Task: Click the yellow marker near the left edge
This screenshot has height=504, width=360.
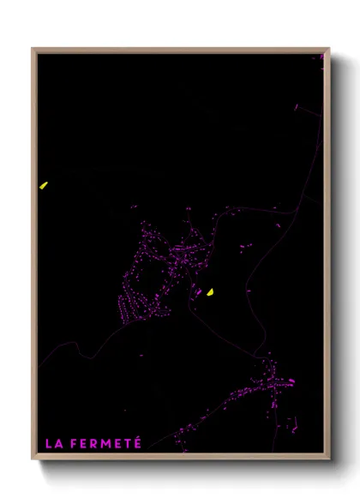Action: (x=43, y=184)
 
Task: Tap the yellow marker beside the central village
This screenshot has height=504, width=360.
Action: (x=209, y=292)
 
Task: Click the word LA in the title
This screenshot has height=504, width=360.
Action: (x=52, y=444)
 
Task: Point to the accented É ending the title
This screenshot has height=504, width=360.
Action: (x=137, y=442)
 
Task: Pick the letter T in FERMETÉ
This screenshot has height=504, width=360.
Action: (x=127, y=444)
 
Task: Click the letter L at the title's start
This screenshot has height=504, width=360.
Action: (x=48, y=444)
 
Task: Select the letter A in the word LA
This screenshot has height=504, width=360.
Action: (x=57, y=444)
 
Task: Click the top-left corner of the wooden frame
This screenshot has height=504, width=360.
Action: (x=33, y=49)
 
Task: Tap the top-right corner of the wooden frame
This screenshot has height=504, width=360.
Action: (x=328, y=49)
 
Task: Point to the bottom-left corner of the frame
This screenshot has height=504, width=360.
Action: (x=33, y=459)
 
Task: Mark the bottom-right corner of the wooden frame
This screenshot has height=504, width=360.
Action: (x=328, y=459)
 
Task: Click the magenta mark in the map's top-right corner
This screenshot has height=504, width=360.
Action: (x=322, y=57)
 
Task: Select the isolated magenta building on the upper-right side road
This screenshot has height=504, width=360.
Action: (x=297, y=107)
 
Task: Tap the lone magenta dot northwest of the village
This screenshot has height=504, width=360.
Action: (x=133, y=207)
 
